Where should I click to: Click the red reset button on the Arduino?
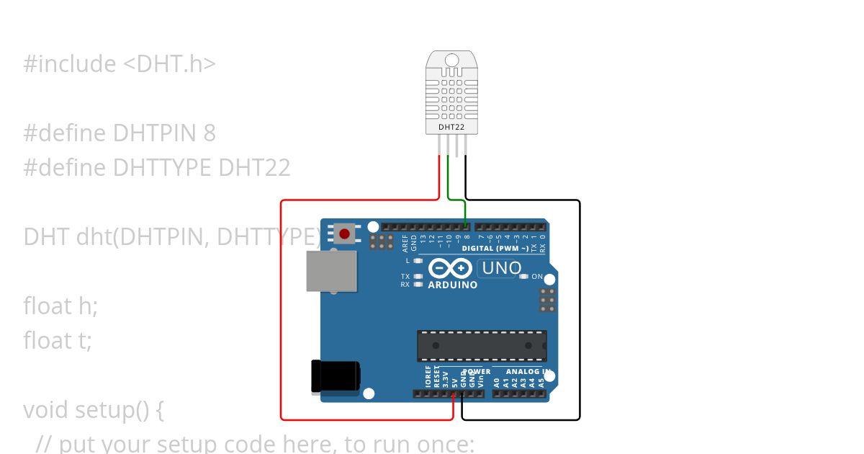tap(345, 233)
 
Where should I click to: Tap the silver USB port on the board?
tap(331, 271)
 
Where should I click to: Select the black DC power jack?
tap(334, 377)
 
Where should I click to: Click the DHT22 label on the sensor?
tap(451, 128)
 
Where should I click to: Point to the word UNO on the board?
tap(501, 268)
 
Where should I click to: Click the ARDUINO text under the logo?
tap(452, 285)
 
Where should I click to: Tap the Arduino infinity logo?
tap(451, 269)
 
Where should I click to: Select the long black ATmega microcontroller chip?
tap(482, 345)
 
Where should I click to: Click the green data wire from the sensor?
tap(449, 180)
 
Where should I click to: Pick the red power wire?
tap(281, 310)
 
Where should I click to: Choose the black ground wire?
tap(579, 310)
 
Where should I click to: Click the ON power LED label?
tap(537, 277)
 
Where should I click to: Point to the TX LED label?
tap(405, 277)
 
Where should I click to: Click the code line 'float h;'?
tap(60, 306)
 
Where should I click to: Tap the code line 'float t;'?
tap(58, 340)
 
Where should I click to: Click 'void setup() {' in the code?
tap(94, 410)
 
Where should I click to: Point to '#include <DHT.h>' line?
tap(120, 64)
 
